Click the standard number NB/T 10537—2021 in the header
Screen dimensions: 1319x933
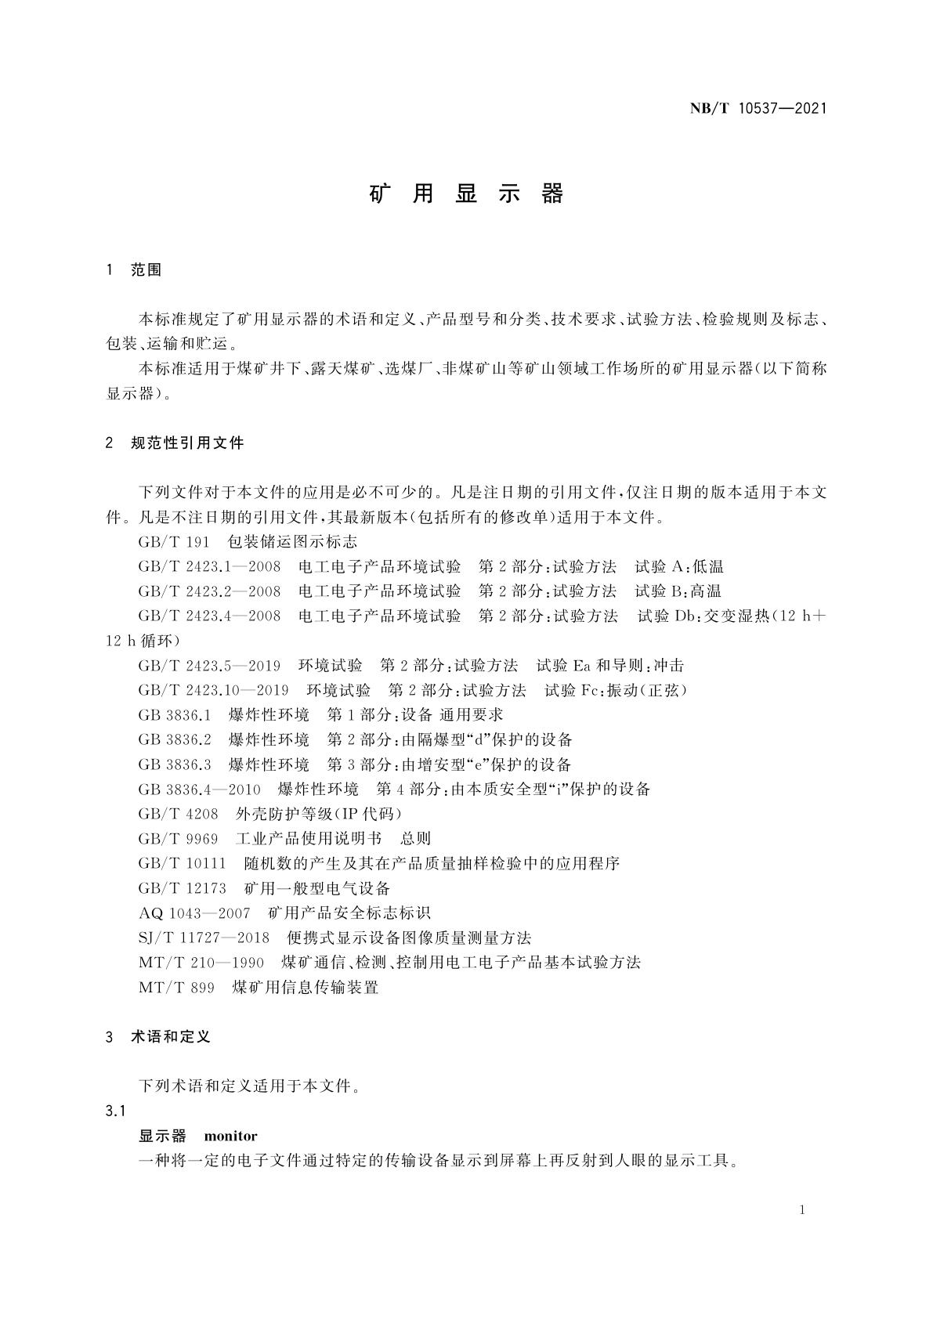click(x=758, y=109)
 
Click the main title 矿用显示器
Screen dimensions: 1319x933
click(x=466, y=194)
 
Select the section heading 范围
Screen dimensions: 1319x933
click(x=146, y=270)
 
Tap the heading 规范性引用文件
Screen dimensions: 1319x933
click(x=187, y=443)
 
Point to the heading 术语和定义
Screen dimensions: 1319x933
click(x=171, y=1037)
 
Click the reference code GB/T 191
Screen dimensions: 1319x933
click(x=174, y=542)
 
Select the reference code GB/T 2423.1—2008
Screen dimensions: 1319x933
click(x=209, y=566)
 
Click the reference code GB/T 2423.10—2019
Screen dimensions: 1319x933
click(x=213, y=690)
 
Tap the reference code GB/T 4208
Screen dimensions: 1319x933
click(x=178, y=814)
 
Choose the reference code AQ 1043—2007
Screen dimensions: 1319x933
click(x=194, y=913)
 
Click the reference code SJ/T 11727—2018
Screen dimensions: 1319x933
click(x=204, y=938)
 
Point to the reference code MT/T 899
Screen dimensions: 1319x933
click(x=176, y=988)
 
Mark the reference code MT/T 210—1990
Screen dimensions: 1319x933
click(x=201, y=963)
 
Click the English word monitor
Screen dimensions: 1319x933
click(x=230, y=1136)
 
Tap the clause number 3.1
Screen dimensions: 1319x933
click(x=116, y=1111)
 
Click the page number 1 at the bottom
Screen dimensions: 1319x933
click(x=802, y=1210)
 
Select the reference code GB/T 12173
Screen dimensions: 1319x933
click(x=182, y=888)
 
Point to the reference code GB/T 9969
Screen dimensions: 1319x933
click(x=178, y=839)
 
